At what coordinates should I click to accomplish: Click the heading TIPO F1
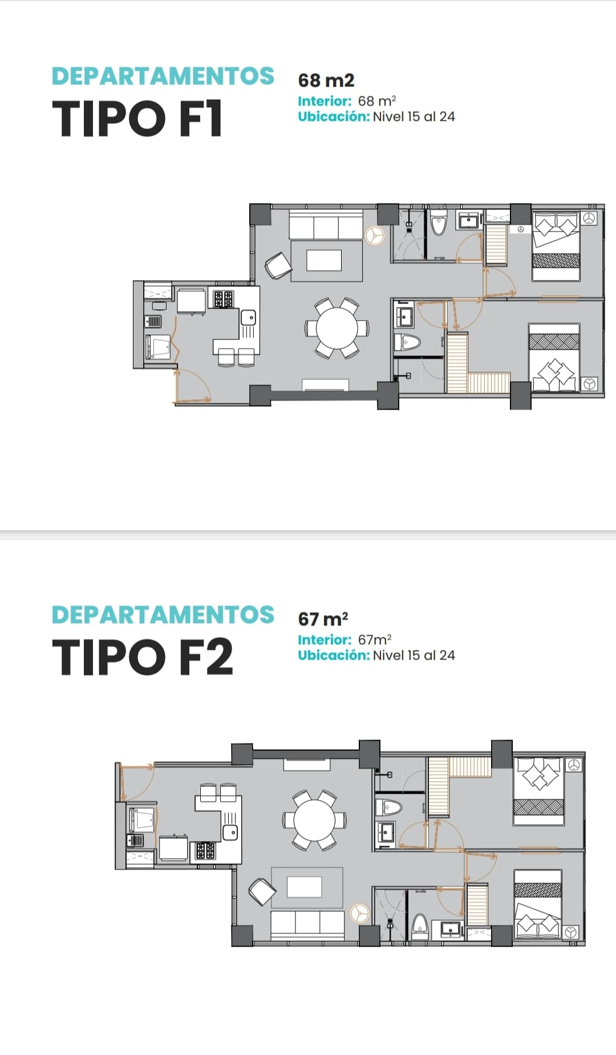(x=137, y=119)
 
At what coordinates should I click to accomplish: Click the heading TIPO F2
(x=143, y=657)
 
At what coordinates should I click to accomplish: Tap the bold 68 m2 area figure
(x=326, y=80)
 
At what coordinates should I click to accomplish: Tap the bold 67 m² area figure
(x=323, y=619)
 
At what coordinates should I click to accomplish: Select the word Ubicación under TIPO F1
(x=334, y=116)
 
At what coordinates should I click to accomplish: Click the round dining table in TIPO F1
(x=337, y=328)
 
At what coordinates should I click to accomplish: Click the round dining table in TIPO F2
(x=314, y=820)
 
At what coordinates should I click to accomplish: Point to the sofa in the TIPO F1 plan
(x=326, y=225)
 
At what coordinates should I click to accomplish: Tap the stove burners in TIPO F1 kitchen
(x=223, y=299)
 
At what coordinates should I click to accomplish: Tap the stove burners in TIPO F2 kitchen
(x=205, y=851)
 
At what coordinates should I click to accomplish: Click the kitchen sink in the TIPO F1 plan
(x=248, y=317)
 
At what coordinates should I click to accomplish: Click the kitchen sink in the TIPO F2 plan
(x=230, y=832)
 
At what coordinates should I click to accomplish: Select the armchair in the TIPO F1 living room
(x=278, y=265)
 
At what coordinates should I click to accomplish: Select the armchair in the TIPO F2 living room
(x=262, y=892)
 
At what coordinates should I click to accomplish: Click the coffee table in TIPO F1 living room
(x=324, y=260)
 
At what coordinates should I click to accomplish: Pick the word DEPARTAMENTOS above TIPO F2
(x=163, y=615)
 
